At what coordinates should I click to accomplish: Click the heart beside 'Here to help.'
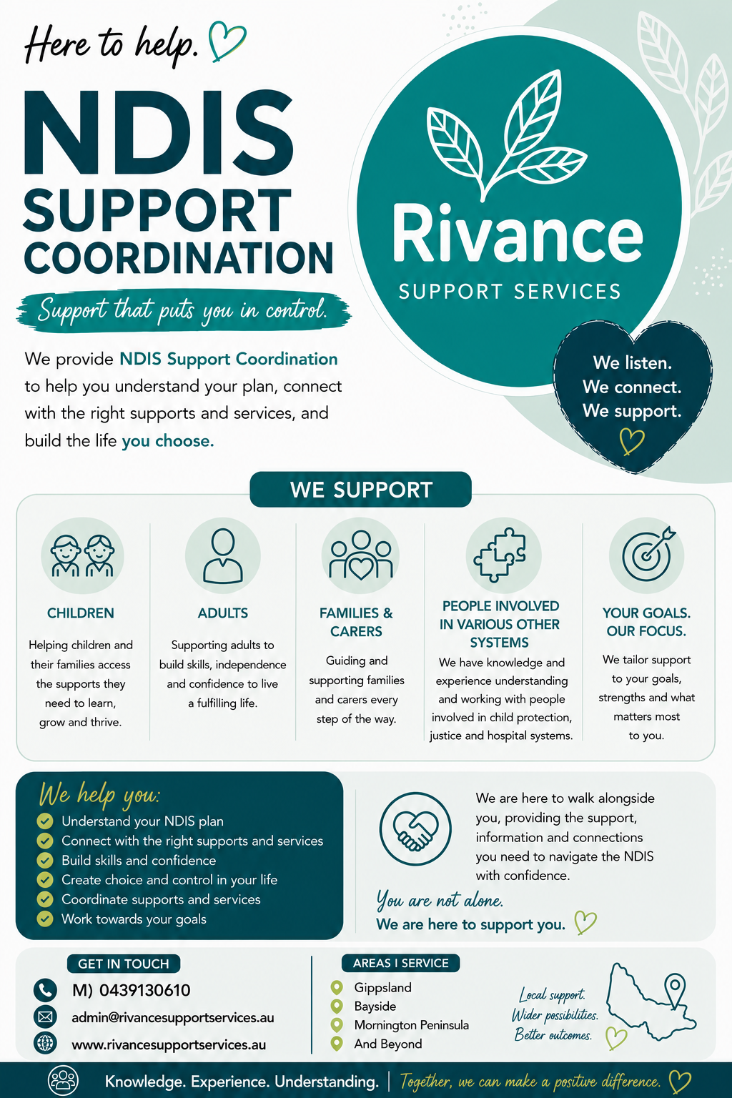coord(227,41)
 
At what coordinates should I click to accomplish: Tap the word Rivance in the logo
coord(518,234)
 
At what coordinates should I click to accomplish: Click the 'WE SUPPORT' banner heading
coord(361,490)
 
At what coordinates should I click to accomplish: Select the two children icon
coord(82,555)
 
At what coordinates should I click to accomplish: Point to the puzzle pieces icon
coord(500,555)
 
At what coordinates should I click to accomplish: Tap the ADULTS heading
coord(222,613)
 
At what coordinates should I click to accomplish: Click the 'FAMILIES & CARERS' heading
coord(357,622)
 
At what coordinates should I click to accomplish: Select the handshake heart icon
coord(415,829)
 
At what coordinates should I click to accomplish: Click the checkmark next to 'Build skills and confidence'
coord(44,860)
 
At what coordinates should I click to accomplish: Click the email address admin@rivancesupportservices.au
coord(172,1018)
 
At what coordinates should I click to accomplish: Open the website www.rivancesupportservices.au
coord(169,1044)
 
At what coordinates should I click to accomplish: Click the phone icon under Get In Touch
coord(45,989)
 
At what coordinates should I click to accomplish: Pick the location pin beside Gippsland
coord(337,987)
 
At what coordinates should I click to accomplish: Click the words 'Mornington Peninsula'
coord(411,1025)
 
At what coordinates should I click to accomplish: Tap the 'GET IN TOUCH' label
coord(124,964)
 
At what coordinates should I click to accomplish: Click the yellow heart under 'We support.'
coord(631,440)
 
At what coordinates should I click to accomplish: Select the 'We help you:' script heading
coord(99,795)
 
